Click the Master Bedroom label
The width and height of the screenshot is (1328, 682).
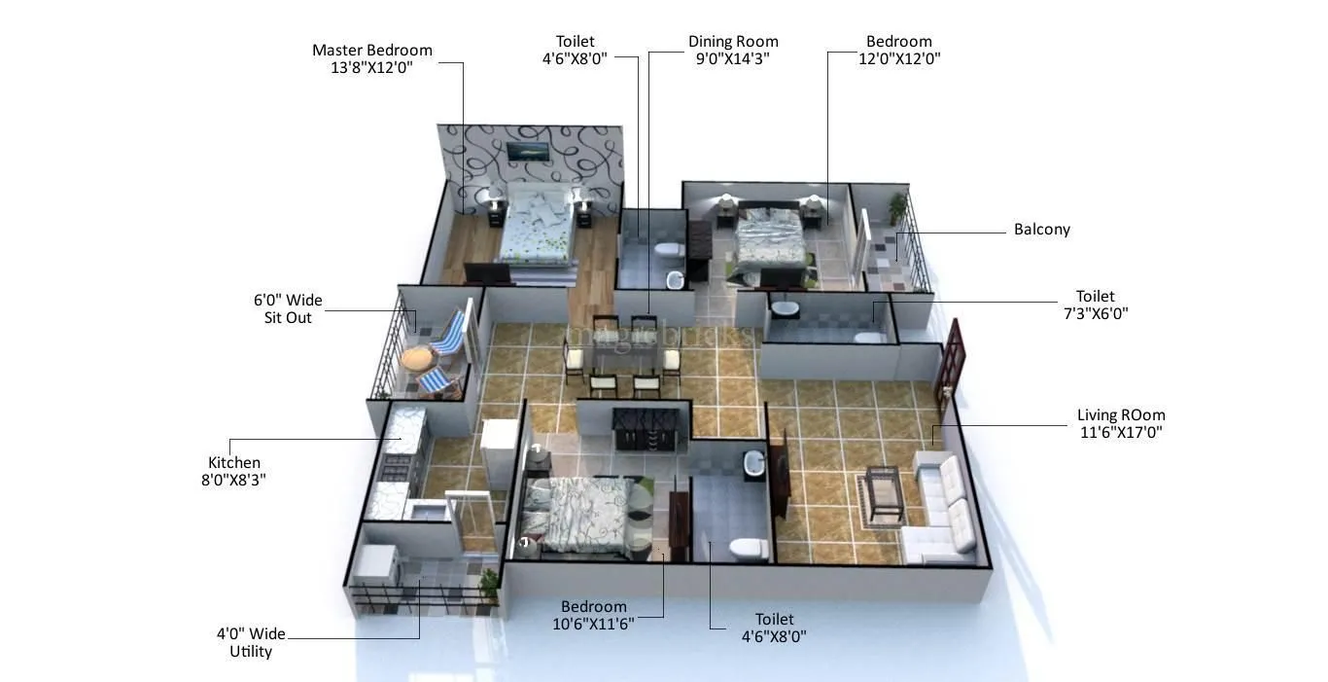[x=371, y=51]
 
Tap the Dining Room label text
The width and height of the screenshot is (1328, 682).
[x=733, y=42]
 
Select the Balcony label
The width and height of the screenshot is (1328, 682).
[x=1041, y=230]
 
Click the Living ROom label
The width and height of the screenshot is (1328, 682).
[x=1120, y=415]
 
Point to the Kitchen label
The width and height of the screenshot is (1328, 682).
[x=234, y=463]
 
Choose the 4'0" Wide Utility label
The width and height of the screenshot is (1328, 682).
[x=251, y=642]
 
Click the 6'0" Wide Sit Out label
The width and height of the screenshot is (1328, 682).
[x=288, y=308]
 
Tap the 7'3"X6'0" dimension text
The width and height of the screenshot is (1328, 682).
[x=1095, y=313]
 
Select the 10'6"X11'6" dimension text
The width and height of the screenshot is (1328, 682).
[x=593, y=624]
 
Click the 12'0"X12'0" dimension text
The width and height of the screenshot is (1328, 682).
[x=898, y=58]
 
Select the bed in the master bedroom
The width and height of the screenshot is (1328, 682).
[x=534, y=226]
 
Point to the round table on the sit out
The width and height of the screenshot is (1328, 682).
[x=417, y=358]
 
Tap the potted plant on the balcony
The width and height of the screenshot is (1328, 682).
[x=897, y=207]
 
